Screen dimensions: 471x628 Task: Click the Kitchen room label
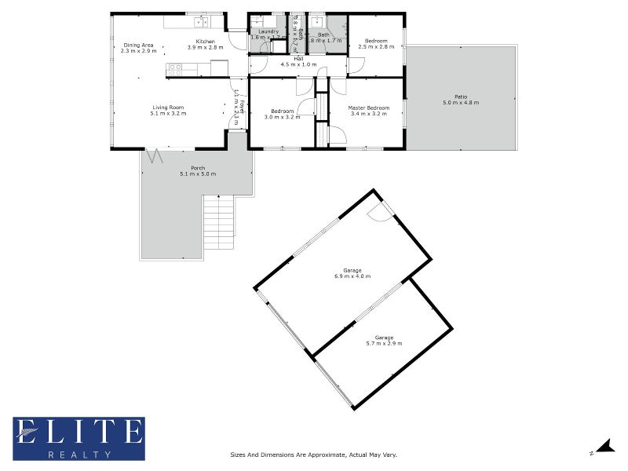(x=206, y=41)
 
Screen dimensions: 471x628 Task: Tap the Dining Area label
(x=138, y=45)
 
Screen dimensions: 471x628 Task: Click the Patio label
(x=460, y=97)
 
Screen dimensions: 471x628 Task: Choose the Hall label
(x=298, y=58)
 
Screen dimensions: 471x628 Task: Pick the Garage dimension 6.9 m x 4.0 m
(x=352, y=276)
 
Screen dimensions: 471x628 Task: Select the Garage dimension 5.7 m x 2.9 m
(x=384, y=343)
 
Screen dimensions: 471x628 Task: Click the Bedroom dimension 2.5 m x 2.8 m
(x=376, y=47)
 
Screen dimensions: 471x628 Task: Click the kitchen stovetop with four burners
(x=175, y=68)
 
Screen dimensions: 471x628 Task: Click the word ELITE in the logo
(x=78, y=432)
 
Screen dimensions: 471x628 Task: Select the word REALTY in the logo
(x=78, y=455)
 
